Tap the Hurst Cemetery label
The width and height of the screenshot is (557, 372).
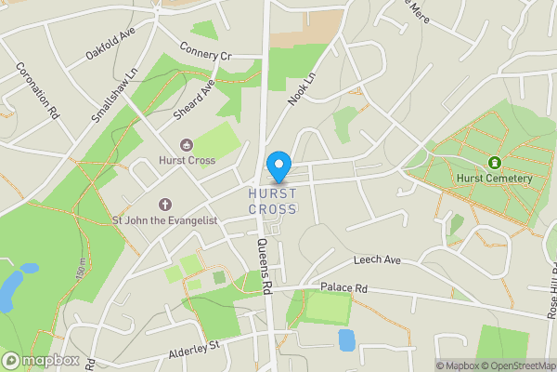[493, 179]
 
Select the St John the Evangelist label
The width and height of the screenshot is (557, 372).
[164, 220]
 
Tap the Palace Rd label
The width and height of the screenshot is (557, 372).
[344, 288]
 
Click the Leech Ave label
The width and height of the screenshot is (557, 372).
[376, 260]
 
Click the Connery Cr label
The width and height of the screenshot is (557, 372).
[205, 52]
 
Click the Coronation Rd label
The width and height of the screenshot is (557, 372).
[38, 90]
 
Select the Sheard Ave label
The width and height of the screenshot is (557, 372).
[194, 100]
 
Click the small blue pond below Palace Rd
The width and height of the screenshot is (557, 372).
[346, 339]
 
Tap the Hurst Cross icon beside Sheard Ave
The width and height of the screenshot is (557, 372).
[187, 144]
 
